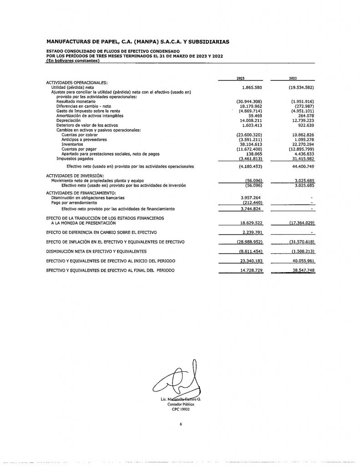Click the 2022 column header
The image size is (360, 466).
292,78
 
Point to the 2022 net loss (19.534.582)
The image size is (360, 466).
298,86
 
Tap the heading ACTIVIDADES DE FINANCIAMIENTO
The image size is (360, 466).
80,193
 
